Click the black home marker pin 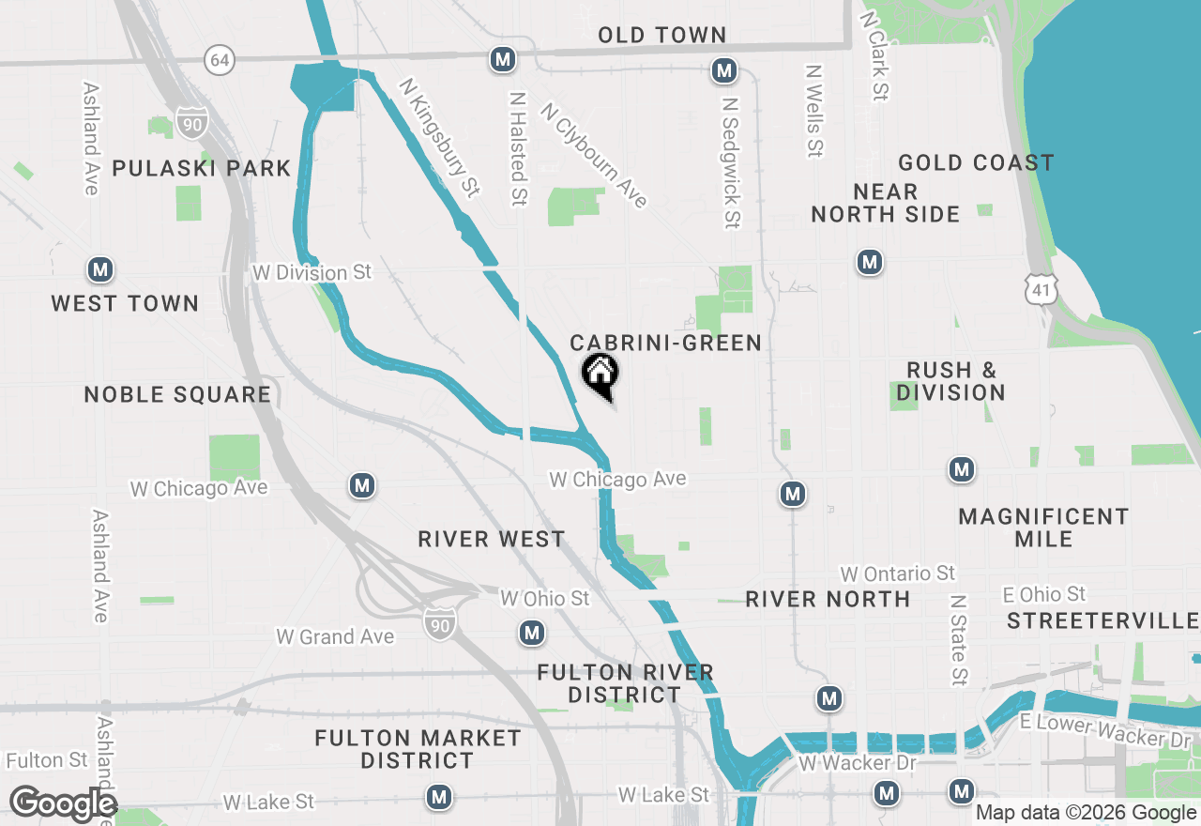coord(600,376)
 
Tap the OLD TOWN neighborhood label coord(662,36)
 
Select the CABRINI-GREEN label coord(666,344)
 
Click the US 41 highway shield coord(1042,288)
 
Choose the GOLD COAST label coord(976,163)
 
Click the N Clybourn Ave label coord(593,155)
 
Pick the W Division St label coord(312,273)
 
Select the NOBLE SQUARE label coord(177,394)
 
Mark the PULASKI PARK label coord(202,169)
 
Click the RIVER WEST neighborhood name coord(492,540)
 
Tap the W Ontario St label coord(897,574)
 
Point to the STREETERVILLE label coord(1103,621)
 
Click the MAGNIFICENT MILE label coord(1043,528)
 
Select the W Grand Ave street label coord(335,637)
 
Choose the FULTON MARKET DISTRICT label coord(418,749)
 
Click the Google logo coord(62,804)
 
